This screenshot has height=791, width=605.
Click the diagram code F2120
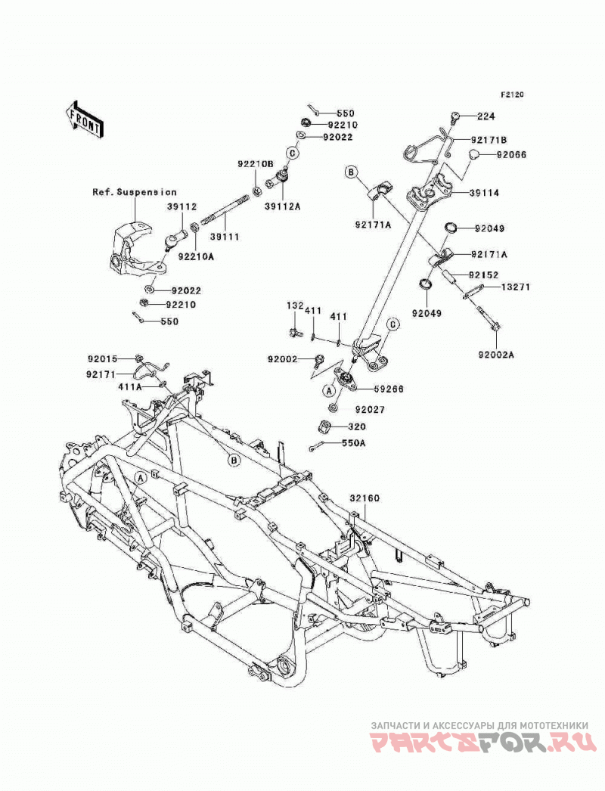coord(512,95)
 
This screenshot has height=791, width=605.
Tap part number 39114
coord(484,193)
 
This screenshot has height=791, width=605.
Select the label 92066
coord(511,155)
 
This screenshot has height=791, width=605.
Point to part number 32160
coord(365,498)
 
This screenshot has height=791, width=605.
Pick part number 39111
coord(225,236)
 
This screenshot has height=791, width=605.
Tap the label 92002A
coord(496,355)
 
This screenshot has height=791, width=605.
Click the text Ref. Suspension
coord(134,192)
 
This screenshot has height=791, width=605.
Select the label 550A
coord(353,443)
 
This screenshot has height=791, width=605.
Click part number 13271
coord(515,287)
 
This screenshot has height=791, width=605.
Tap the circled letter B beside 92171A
coord(352,172)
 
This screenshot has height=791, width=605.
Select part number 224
coord(487,116)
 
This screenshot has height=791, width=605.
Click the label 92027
coord(369,410)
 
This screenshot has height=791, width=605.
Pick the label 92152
coord(483,275)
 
